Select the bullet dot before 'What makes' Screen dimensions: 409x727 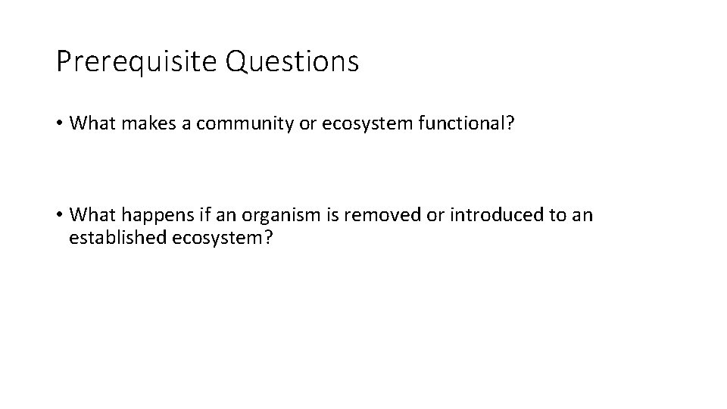[x=60, y=124]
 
